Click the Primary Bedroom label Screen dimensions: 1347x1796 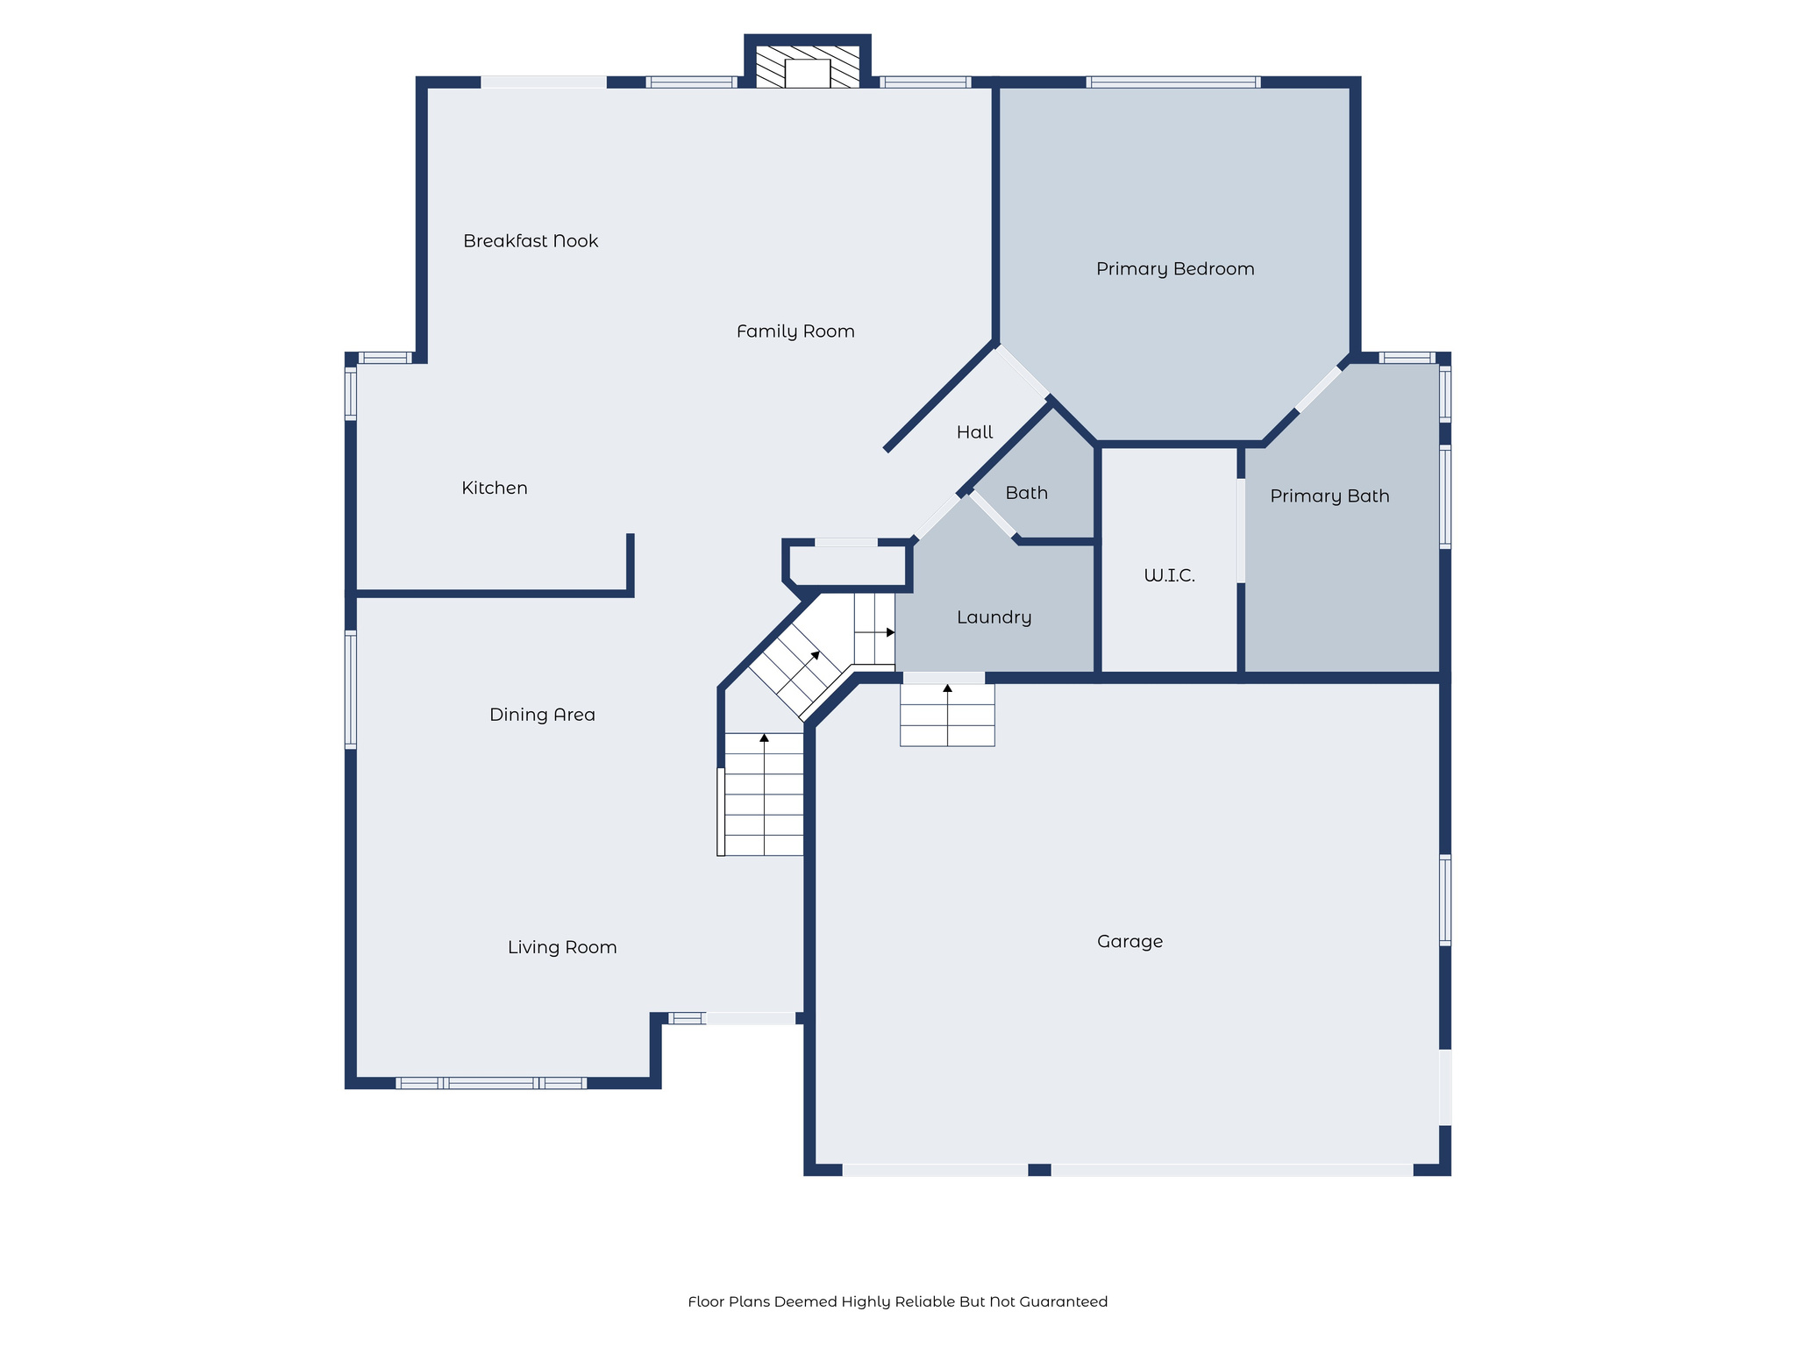click(1175, 269)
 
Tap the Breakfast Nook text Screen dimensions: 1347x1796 click(531, 241)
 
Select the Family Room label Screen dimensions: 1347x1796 click(795, 331)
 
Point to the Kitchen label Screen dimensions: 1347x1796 click(495, 488)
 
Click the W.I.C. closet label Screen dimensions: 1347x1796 click(1169, 576)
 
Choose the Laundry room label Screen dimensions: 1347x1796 click(994, 617)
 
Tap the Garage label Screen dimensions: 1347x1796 click(1130, 942)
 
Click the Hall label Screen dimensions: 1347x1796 click(974, 432)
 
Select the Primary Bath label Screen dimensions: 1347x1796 click(1329, 496)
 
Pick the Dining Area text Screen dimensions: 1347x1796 click(542, 715)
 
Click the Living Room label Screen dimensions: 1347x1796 click(562, 947)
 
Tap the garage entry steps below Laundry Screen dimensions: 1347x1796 click(947, 715)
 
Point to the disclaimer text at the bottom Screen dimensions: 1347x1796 click(897, 1301)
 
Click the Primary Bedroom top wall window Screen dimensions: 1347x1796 click(1173, 82)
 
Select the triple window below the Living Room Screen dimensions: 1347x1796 click(491, 1083)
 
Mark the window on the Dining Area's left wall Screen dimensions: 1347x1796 click(351, 690)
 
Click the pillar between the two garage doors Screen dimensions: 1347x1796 click(1039, 1170)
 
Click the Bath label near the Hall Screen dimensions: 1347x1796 click(1026, 493)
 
